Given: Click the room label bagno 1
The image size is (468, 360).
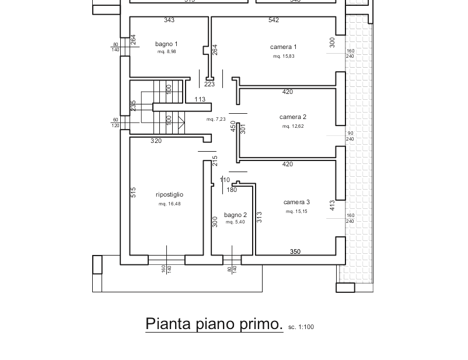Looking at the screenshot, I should [x=166, y=44].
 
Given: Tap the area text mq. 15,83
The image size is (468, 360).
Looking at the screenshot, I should [x=284, y=57].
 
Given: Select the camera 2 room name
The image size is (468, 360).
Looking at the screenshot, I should [x=293, y=117].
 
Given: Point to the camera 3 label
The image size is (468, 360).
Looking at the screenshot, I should [x=297, y=202].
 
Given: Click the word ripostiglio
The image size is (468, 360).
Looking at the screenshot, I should [x=169, y=194].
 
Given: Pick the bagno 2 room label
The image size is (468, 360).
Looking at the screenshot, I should [x=235, y=215].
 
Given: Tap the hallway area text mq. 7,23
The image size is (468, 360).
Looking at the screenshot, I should [x=215, y=119].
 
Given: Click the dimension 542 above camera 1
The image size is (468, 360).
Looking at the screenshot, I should [x=274, y=20].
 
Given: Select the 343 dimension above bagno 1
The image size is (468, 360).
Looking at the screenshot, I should [x=169, y=20].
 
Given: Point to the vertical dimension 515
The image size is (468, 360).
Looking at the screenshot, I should [x=134, y=193].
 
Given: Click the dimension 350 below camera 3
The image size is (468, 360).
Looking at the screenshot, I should [x=295, y=251].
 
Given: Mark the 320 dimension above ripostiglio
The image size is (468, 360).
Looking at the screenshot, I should [x=156, y=141].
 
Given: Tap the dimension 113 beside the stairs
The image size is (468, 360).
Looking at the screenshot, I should [x=200, y=100].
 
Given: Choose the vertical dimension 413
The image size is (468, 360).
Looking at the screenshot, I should [x=332, y=205].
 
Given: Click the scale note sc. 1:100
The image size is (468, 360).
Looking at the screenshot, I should [x=301, y=327].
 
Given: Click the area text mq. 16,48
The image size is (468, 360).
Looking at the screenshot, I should [x=169, y=204].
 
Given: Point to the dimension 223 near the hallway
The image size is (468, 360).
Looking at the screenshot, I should [x=209, y=85].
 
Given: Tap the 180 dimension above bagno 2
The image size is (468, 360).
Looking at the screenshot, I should [x=232, y=190].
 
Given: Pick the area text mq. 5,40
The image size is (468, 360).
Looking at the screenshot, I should [x=235, y=222].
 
